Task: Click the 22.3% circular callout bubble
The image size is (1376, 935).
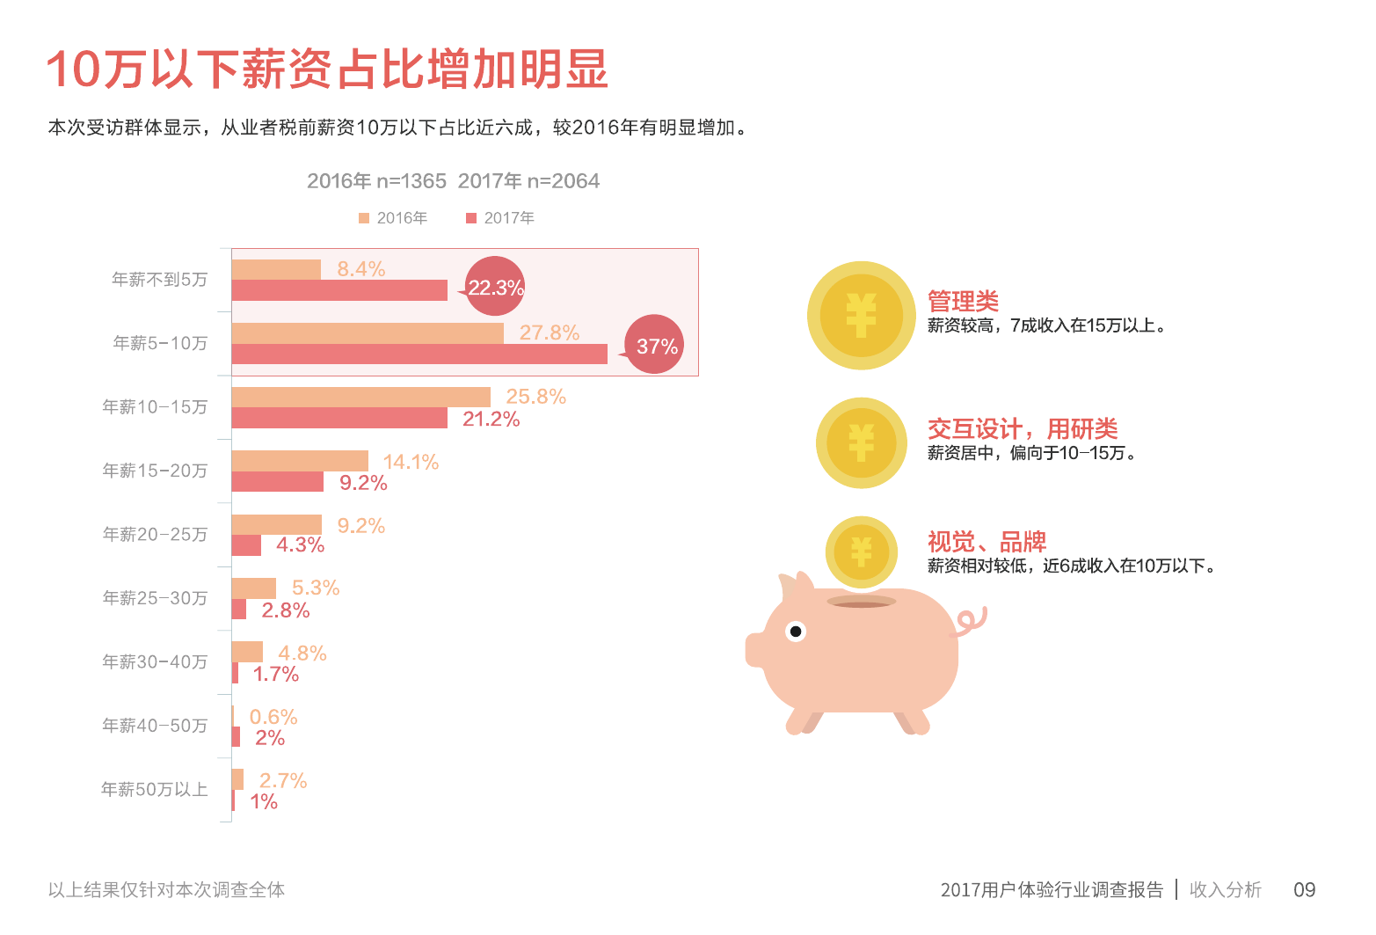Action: (495, 287)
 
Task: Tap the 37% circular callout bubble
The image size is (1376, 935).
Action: (655, 345)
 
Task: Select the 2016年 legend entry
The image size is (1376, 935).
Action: (393, 218)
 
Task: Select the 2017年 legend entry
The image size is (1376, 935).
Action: (500, 218)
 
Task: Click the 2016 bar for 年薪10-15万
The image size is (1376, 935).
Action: (360, 397)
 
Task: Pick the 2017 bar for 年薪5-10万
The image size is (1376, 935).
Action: (419, 354)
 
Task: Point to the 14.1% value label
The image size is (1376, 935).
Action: (411, 462)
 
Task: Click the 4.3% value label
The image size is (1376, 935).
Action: (300, 545)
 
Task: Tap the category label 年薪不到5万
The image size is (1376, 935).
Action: (159, 280)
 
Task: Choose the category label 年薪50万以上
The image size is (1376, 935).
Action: (155, 790)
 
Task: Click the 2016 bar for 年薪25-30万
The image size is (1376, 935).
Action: (253, 588)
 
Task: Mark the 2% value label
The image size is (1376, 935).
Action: (270, 738)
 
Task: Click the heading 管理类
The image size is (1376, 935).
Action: (963, 302)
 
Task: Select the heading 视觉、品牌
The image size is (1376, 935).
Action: (986, 542)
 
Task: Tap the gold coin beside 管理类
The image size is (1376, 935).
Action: (861, 315)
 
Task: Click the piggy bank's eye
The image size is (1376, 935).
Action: (796, 632)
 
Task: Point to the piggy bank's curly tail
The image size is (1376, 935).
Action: (972, 621)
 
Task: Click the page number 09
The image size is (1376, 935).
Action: (1304, 890)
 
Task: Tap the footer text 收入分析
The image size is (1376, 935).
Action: (1225, 890)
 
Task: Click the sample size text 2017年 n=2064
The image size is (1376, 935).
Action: (528, 181)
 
